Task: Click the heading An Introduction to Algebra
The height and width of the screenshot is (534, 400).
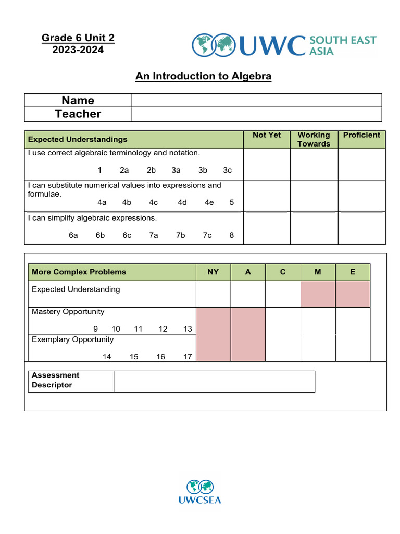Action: [x=203, y=76]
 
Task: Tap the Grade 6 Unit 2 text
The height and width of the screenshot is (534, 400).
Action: [x=78, y=38]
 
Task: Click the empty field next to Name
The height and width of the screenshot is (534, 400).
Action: [x=256, y=100]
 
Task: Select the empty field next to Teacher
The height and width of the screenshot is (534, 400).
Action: [x=256, y=114]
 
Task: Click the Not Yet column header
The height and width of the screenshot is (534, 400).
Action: [x=266, y=135]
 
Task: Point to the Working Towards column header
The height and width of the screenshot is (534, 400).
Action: [x=314, y=139]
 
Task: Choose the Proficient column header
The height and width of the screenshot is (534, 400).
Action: [x=361, y=135]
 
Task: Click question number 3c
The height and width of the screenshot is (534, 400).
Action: [x=227, y=170]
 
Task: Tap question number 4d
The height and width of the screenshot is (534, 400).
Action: [x=182, y=202]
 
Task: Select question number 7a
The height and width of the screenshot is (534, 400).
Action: [x=153, y=235]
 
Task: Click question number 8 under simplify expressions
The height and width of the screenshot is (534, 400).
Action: [x=231, y=235]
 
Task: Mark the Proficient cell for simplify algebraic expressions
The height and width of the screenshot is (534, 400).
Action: [x=361, y=228]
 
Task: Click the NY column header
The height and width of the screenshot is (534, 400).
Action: [x=213, y=272]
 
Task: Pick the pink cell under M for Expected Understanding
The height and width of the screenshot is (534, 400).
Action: [x=318, y=294]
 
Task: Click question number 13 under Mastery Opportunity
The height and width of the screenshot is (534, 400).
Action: [x=187, y=329]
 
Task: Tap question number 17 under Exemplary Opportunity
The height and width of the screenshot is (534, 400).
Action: [x=187, y=357]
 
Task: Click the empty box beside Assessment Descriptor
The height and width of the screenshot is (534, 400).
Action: [x=214, y=381]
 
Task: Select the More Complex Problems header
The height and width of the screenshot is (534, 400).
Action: [x=79, y=272]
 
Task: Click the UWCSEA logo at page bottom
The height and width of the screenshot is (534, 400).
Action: [x=200, y=492]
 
